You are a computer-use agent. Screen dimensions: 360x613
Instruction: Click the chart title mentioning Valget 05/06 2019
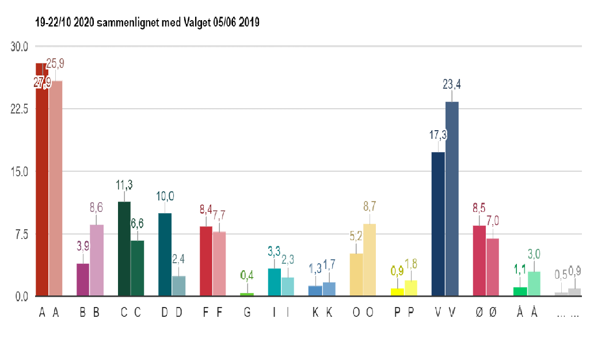click(147, 22)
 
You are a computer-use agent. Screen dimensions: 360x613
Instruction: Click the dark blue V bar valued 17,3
click(438, 224)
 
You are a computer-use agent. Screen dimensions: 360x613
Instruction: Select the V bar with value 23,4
click(452, 199)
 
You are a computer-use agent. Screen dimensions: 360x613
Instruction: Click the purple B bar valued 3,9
click(83, 280)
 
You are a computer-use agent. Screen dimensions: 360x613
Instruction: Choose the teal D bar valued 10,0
click(165, 255)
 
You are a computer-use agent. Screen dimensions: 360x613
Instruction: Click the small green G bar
click(247, 294)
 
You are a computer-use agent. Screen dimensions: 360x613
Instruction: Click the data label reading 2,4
click(178, 259)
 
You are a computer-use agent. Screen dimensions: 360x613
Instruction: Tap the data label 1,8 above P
click(411, 264)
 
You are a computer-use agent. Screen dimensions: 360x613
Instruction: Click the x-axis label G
click(247, 313)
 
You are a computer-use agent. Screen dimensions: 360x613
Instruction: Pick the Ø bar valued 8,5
click(479, 261)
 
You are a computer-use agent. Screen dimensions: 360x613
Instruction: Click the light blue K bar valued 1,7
click(329, 289)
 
